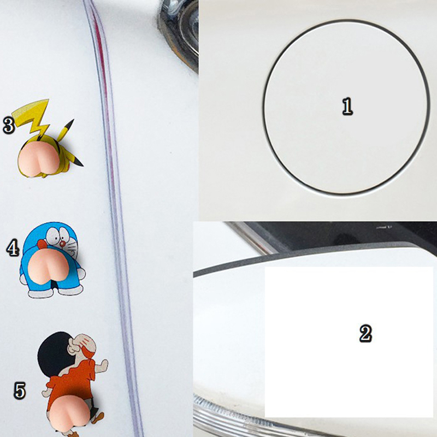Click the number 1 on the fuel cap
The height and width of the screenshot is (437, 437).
click(347, 106)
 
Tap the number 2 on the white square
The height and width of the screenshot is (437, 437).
click(365, 333)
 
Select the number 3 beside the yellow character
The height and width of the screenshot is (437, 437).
click(9, 125)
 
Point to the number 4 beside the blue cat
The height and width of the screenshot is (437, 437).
click(13, 248)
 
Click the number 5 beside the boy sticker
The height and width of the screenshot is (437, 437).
click(20, 391)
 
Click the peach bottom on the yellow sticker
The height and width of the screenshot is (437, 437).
click(39, 159)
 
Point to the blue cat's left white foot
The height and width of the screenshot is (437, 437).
click(41, 293)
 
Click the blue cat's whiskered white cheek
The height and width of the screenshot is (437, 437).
click(73, 249)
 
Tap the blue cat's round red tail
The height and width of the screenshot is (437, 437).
click(42, 244)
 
